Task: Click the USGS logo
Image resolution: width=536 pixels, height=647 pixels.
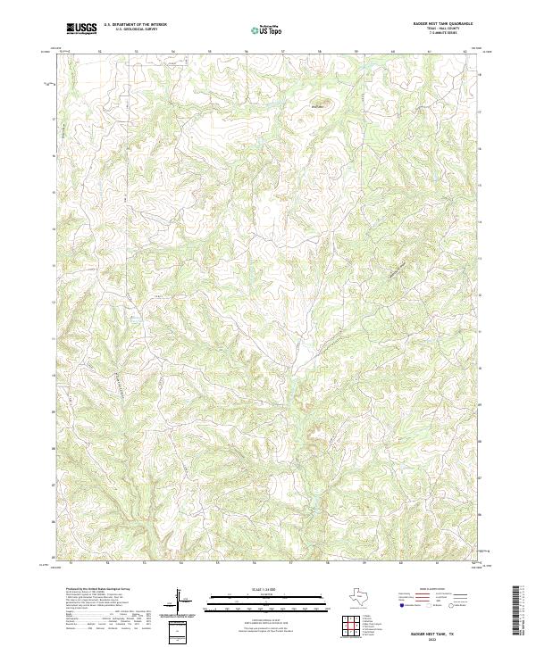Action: (81, 29)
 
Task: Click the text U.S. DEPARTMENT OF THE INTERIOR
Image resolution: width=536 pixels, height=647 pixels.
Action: (135, 24)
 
